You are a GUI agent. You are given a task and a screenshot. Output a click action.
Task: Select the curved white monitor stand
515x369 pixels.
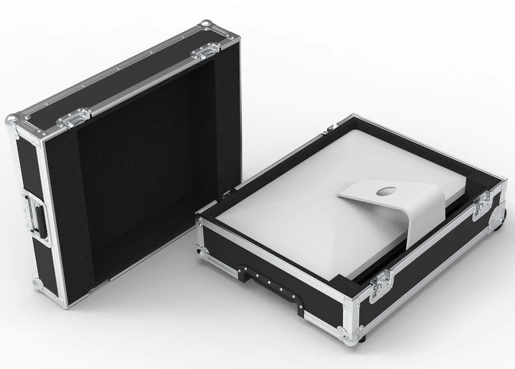pyautogui.click(x=386, y=210)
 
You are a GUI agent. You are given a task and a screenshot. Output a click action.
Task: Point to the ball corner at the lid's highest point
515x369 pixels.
pyautogui.click(x=207, y=24)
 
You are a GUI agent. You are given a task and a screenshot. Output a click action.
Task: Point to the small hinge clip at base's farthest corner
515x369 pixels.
pyautogui.click(x=330, y=128)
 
